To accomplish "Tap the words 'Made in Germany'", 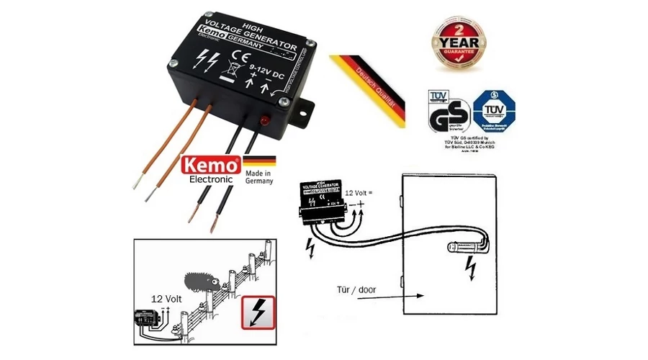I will (259, 178).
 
